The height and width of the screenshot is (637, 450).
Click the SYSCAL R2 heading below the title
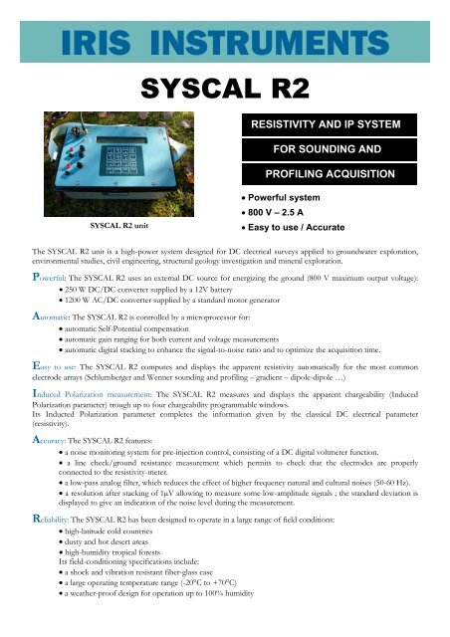pos(224,64)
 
